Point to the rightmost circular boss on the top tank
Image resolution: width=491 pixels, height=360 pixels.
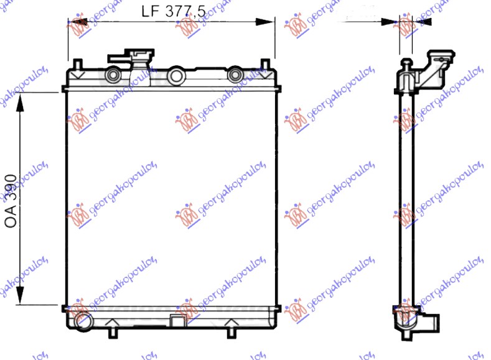pyautogui.click(x=235, y=75)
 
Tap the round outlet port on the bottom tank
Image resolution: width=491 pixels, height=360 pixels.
pyautogui.click(x=81, y=321)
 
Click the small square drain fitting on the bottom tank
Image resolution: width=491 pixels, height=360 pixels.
pyautogui.click(x=177, y=321)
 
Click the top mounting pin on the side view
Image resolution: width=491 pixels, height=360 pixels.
pyautogui.click(x=406, y=65)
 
